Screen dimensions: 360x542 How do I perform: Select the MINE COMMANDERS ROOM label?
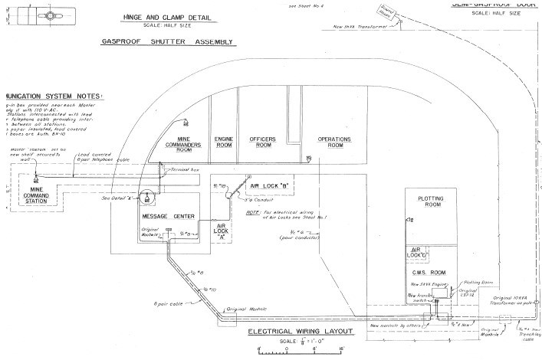click(184, 143)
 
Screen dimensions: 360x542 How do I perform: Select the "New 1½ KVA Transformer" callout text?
click(364, 26)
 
